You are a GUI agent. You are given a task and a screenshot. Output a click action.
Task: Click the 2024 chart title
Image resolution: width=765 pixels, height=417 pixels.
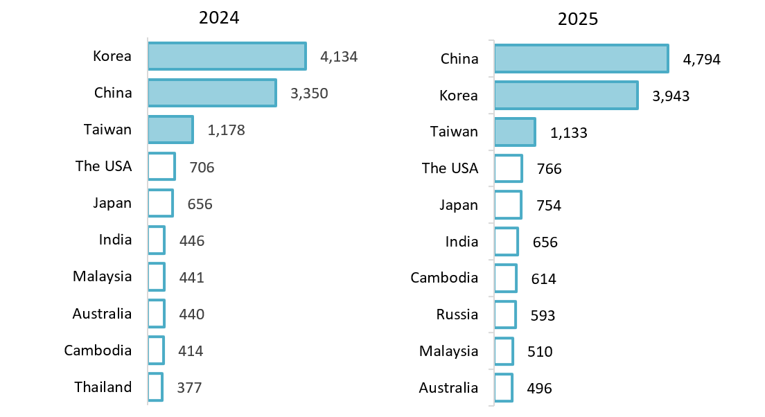[219, 18]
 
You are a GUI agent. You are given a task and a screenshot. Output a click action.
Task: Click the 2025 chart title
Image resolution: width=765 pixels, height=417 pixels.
[578, 19]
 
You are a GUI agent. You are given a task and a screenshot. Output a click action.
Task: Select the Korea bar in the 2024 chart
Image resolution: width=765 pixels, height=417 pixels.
[227, 56]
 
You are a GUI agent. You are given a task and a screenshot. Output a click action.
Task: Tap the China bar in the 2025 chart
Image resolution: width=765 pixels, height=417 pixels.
[581, 59]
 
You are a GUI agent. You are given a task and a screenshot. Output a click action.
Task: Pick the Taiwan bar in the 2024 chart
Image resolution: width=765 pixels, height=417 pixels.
[170, 130]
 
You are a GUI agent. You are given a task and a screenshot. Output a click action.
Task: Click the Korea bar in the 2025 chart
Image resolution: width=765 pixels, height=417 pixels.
[565, 96]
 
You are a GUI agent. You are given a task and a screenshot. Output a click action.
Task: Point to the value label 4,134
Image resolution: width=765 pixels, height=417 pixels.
[339, 57]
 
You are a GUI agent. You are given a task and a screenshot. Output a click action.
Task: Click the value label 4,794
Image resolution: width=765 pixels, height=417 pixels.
[702, 60]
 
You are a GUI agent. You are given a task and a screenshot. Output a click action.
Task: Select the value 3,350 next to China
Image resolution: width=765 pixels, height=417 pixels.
[309, 94]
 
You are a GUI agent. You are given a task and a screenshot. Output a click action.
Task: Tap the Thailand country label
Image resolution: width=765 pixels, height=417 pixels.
[103, 387]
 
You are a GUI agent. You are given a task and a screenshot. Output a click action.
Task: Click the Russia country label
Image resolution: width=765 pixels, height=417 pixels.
[457, 314]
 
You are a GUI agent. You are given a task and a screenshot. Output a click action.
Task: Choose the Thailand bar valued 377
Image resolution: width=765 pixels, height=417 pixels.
[155, 387]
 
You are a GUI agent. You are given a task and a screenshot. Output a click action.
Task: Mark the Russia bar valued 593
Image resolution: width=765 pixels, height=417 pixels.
[505, 314]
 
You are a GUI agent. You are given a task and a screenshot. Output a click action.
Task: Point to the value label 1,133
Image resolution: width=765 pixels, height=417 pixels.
[569, 132]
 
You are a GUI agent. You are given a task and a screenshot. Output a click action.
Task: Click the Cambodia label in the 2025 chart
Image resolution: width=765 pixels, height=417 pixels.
[444, 278]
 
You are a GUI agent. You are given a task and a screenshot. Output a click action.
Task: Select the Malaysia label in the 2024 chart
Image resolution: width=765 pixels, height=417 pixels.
[103, 276]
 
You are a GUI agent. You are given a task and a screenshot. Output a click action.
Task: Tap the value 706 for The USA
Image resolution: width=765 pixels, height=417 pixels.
[202, 167]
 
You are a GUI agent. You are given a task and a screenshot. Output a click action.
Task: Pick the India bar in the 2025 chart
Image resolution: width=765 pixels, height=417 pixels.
[506, 242]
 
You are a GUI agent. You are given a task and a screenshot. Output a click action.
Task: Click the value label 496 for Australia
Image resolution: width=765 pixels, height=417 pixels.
[539, 389]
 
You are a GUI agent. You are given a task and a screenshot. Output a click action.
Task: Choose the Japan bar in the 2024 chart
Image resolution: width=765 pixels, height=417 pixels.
[160, 203]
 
